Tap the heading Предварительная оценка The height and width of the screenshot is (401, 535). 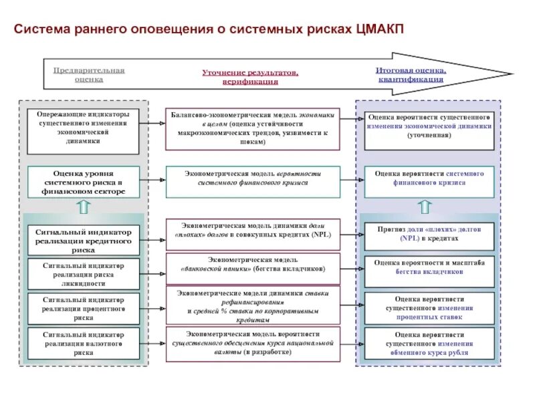point(89,74)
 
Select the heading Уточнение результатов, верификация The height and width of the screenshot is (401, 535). point(250,77)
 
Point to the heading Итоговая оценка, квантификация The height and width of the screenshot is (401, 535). point(411,74)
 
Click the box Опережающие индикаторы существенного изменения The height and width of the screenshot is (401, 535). point(84,128)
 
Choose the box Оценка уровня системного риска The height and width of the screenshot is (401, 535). point(84,182)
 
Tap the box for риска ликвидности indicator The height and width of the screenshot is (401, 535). point(84,274)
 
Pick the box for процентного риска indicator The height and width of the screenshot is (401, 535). point(84,309)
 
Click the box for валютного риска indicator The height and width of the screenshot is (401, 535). point(84,343)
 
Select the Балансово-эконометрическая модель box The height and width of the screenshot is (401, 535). point(253,128)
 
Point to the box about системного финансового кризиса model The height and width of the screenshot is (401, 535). point(253,178)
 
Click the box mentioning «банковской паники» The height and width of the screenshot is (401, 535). point(253,264)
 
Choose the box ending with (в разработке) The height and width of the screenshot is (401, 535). point(253,344)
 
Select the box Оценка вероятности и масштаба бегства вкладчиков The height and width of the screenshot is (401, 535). point(429,267)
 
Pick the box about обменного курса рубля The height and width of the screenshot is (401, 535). point(429,344)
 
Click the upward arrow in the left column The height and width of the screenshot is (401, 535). point(84,207)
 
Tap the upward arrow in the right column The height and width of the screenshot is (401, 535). point(429,207)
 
